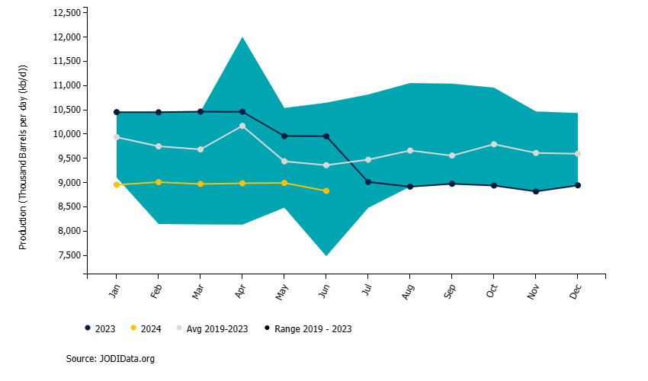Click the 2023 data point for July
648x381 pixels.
[x=367, y=182]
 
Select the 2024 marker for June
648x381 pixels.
[x=326, y=190]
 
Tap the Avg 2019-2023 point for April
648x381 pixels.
[x=242, y=126]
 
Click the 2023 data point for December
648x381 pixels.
[x=578, y=185]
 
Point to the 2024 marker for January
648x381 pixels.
[x=116, y=184]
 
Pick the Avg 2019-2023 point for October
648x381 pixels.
[x=494, y=144]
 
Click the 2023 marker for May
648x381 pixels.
[x=284, y=136]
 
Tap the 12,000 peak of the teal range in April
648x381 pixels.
[x=242, y=37]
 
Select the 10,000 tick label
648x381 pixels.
[x=65, y=134]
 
